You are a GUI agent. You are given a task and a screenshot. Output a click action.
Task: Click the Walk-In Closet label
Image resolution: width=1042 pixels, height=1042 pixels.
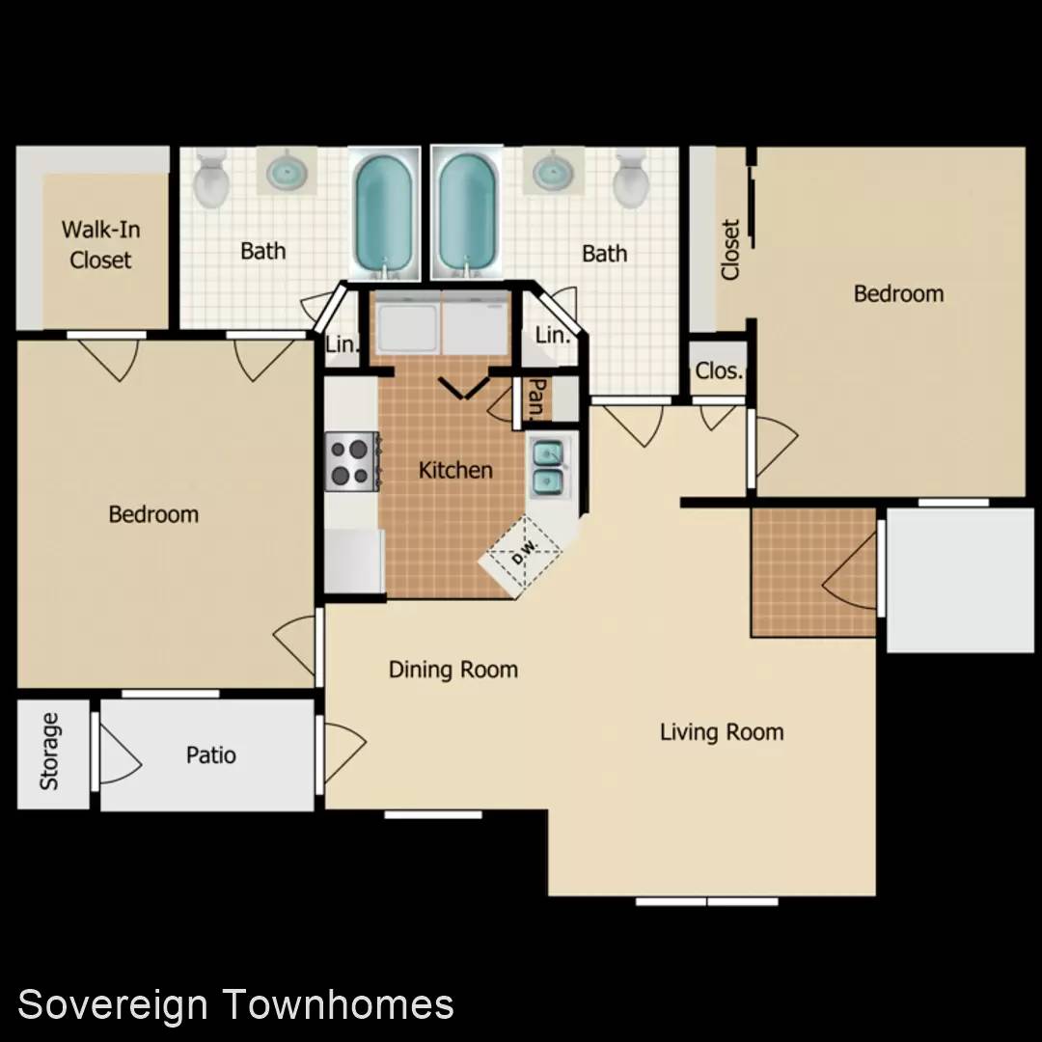click(100, 244)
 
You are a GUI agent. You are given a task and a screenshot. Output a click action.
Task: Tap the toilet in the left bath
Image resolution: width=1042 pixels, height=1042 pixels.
click(211, 178)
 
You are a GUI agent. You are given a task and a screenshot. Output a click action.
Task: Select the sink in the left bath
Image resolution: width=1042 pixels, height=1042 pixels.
click(288, 171)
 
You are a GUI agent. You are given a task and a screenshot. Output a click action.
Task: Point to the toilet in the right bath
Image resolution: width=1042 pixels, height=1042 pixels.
click(631, 179)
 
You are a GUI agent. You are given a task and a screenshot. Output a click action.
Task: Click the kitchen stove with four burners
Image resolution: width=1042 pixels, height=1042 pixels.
click(351, 462)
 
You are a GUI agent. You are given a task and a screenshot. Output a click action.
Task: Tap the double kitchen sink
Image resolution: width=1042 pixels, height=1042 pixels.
click(548, 469)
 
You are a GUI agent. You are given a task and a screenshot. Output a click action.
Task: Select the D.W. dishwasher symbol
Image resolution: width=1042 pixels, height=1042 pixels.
click(525, 551)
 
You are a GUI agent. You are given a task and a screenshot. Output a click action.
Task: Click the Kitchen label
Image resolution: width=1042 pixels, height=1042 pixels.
click(455, 471)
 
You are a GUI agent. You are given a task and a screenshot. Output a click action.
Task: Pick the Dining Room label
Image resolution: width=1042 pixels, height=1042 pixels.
click(453, 670)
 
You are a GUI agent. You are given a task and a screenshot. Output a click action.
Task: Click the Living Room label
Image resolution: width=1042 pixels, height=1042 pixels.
click(722, 732)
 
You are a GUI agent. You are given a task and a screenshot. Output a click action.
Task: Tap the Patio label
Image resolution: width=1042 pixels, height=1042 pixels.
click(211, 754)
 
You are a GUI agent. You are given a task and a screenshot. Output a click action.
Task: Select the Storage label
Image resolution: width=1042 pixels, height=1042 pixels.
click(50, 752)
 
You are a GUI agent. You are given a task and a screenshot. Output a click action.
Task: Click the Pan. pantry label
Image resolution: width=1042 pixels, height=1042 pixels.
click(537, 398)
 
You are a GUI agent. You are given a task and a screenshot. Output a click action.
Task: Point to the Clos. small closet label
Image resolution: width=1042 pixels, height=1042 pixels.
click(719, 370)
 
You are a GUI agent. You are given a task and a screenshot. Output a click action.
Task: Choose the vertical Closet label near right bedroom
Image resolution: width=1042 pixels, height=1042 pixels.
click(730, 249)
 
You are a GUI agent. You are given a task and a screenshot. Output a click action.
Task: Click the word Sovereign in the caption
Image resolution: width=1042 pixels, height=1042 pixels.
click(112, 1004)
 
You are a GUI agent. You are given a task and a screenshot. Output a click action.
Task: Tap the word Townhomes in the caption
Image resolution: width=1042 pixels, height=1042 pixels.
click(339, 1003)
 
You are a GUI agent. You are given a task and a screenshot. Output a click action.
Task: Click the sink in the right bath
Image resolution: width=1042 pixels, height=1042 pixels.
click(553, 171)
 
